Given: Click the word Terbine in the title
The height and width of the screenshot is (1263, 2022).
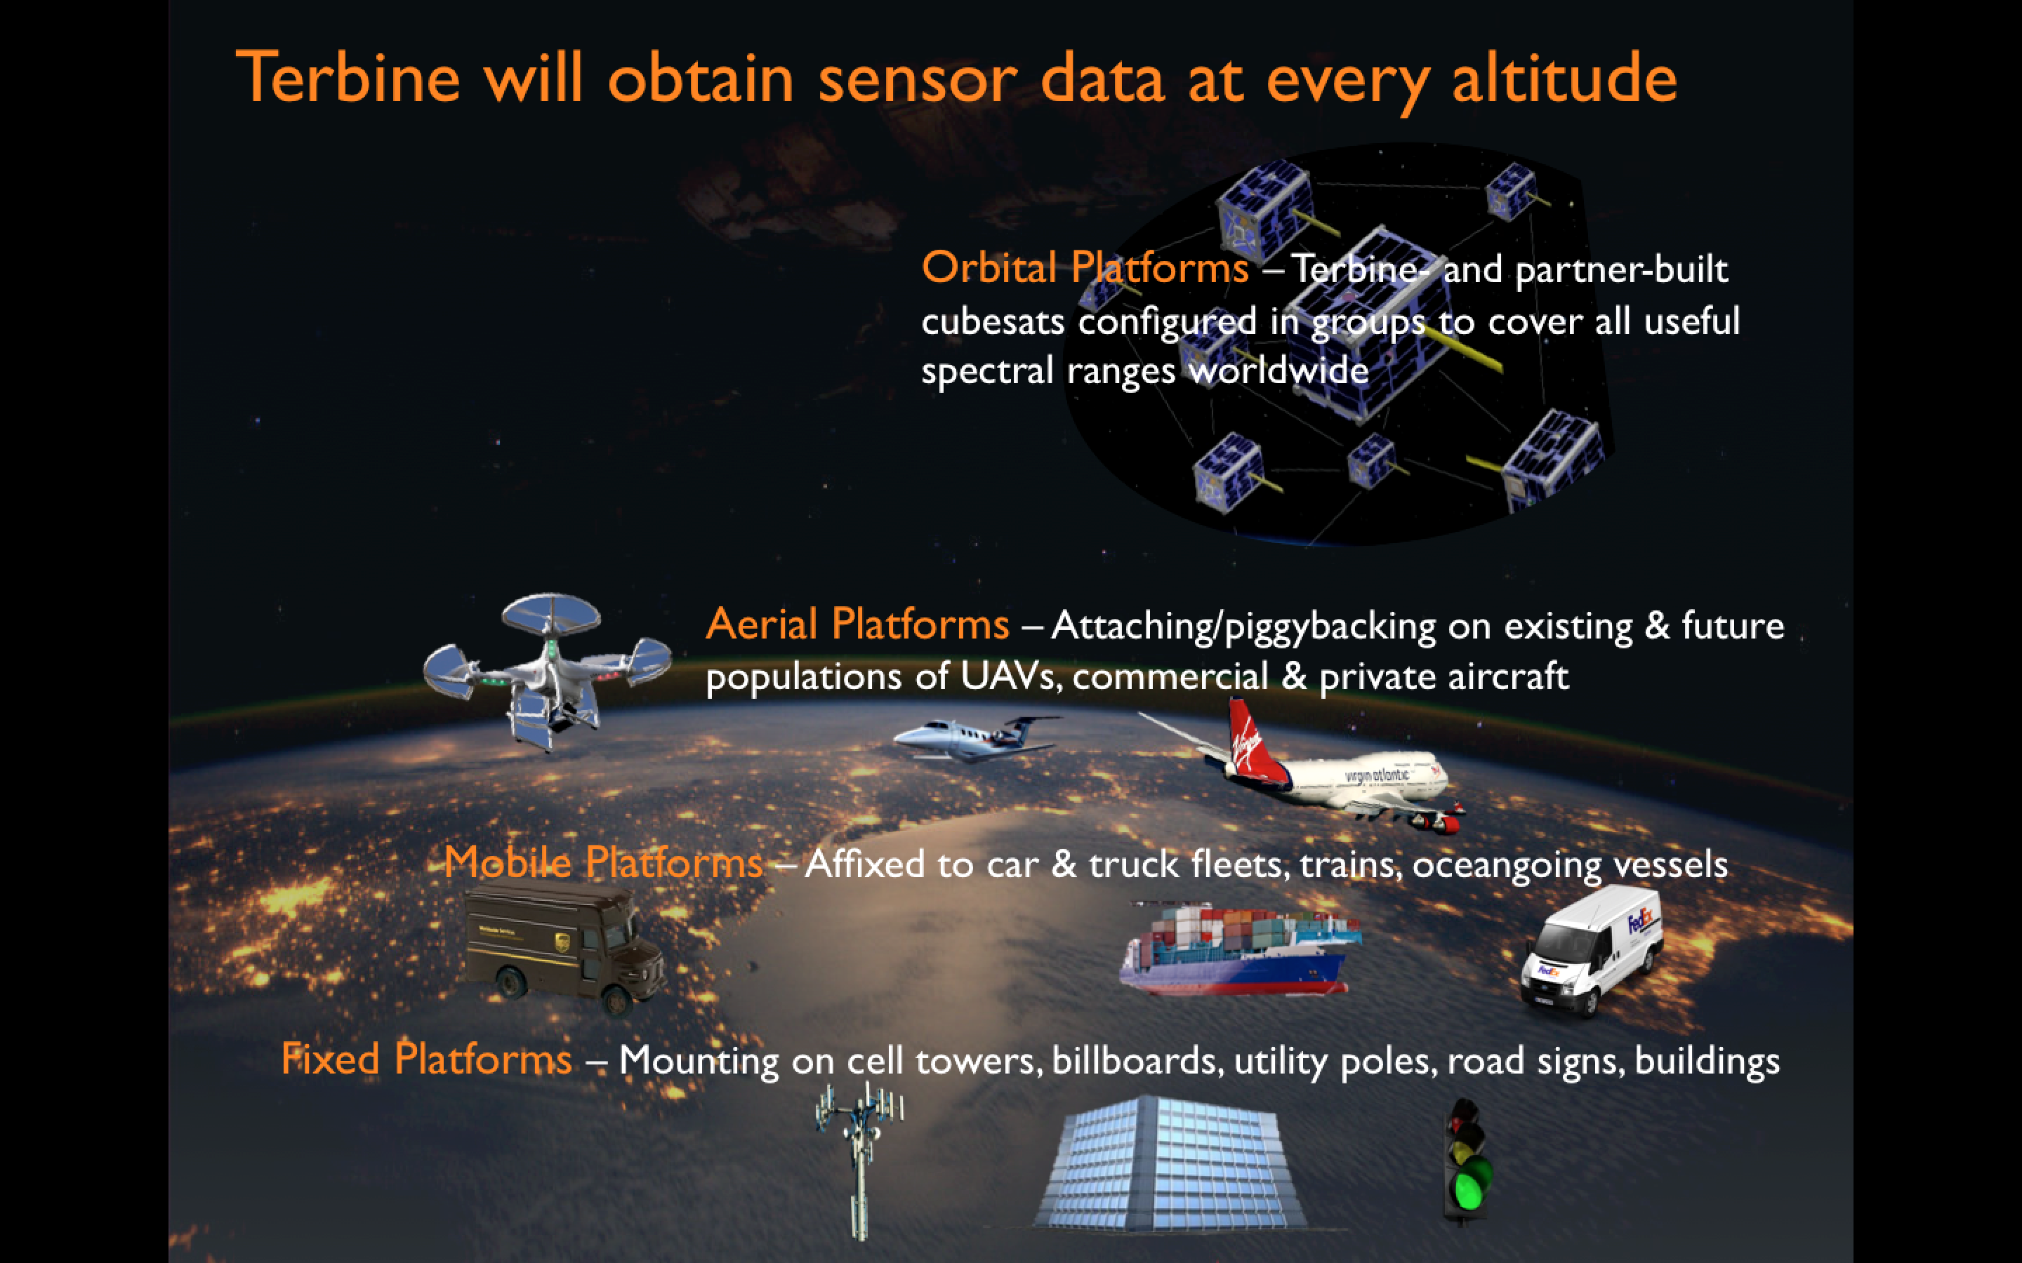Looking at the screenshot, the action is (348, 77).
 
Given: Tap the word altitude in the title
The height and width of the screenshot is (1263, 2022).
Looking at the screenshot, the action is (1564, 77).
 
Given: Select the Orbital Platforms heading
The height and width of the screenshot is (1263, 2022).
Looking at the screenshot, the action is (1085, 268).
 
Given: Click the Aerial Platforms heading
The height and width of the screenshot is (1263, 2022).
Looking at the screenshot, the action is (857, 624).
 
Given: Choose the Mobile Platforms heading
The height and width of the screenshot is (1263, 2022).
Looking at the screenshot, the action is (603, 862).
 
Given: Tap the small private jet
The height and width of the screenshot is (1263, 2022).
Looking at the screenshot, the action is (976, 740).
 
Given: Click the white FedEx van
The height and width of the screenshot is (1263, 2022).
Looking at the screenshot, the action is (1591, 951).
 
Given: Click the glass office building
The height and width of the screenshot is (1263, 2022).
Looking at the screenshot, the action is (1170, 1163).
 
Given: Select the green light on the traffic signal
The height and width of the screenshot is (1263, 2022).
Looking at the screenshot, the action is (1468, 1189).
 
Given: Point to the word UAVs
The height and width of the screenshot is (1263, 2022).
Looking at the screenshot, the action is (1011, 676).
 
